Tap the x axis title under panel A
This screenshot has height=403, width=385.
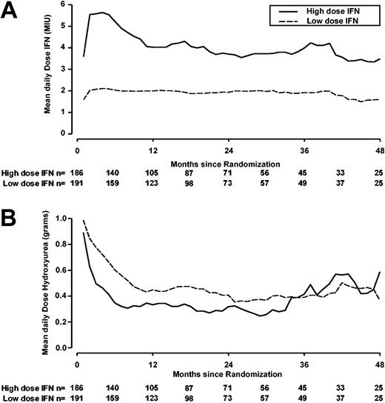[x=227, y=161]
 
